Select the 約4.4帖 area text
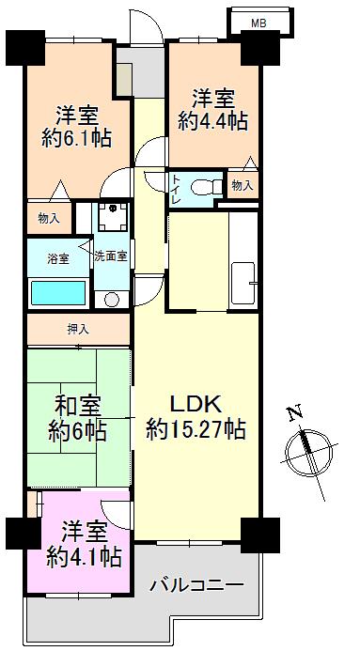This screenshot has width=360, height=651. click(214, 120)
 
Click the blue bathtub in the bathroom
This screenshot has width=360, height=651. click(58, 292)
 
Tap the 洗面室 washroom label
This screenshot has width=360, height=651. click(110, 256)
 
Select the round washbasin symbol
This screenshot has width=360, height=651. click(112, 299)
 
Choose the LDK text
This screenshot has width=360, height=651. click(195, 405)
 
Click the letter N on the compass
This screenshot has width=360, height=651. click(293, 414)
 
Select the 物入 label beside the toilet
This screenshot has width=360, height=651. click(242, 186)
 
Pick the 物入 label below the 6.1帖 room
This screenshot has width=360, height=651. click(49, 218)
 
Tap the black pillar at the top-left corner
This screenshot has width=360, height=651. click(25, 44)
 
